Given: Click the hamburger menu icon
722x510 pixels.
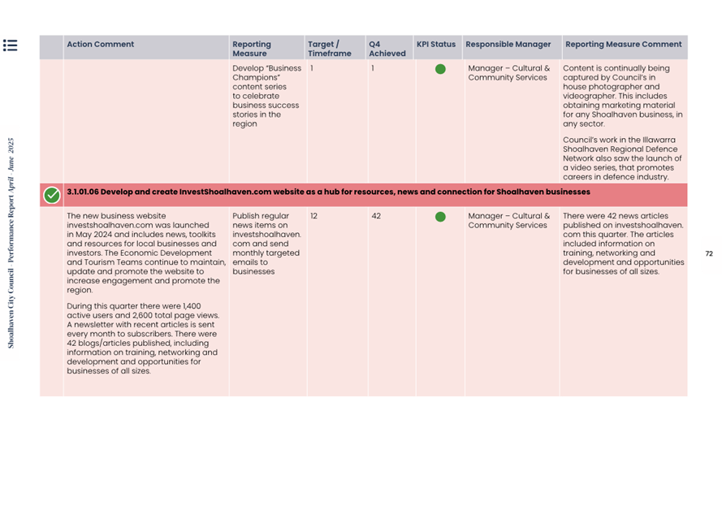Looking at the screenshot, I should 10,45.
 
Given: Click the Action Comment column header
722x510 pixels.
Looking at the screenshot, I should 100,45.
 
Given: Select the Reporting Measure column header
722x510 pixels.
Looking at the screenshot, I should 252,49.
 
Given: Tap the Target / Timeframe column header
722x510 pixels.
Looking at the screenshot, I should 329,49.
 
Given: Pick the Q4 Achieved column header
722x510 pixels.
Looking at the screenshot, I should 387,49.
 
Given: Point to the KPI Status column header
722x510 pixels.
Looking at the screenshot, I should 436,45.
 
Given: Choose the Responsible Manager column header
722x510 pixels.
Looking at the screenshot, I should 508,45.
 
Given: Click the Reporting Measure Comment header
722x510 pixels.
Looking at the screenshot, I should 623,45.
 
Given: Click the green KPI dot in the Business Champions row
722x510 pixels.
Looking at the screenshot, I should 440,69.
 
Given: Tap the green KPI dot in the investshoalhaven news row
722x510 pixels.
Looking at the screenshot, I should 440,217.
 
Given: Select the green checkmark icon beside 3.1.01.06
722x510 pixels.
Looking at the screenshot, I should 51,195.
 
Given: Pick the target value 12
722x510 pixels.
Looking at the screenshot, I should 313,217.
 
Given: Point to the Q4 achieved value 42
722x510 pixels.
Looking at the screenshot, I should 376,217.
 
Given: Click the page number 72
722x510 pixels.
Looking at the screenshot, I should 709,254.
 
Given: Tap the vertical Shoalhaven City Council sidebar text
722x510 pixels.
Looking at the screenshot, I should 11,243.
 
